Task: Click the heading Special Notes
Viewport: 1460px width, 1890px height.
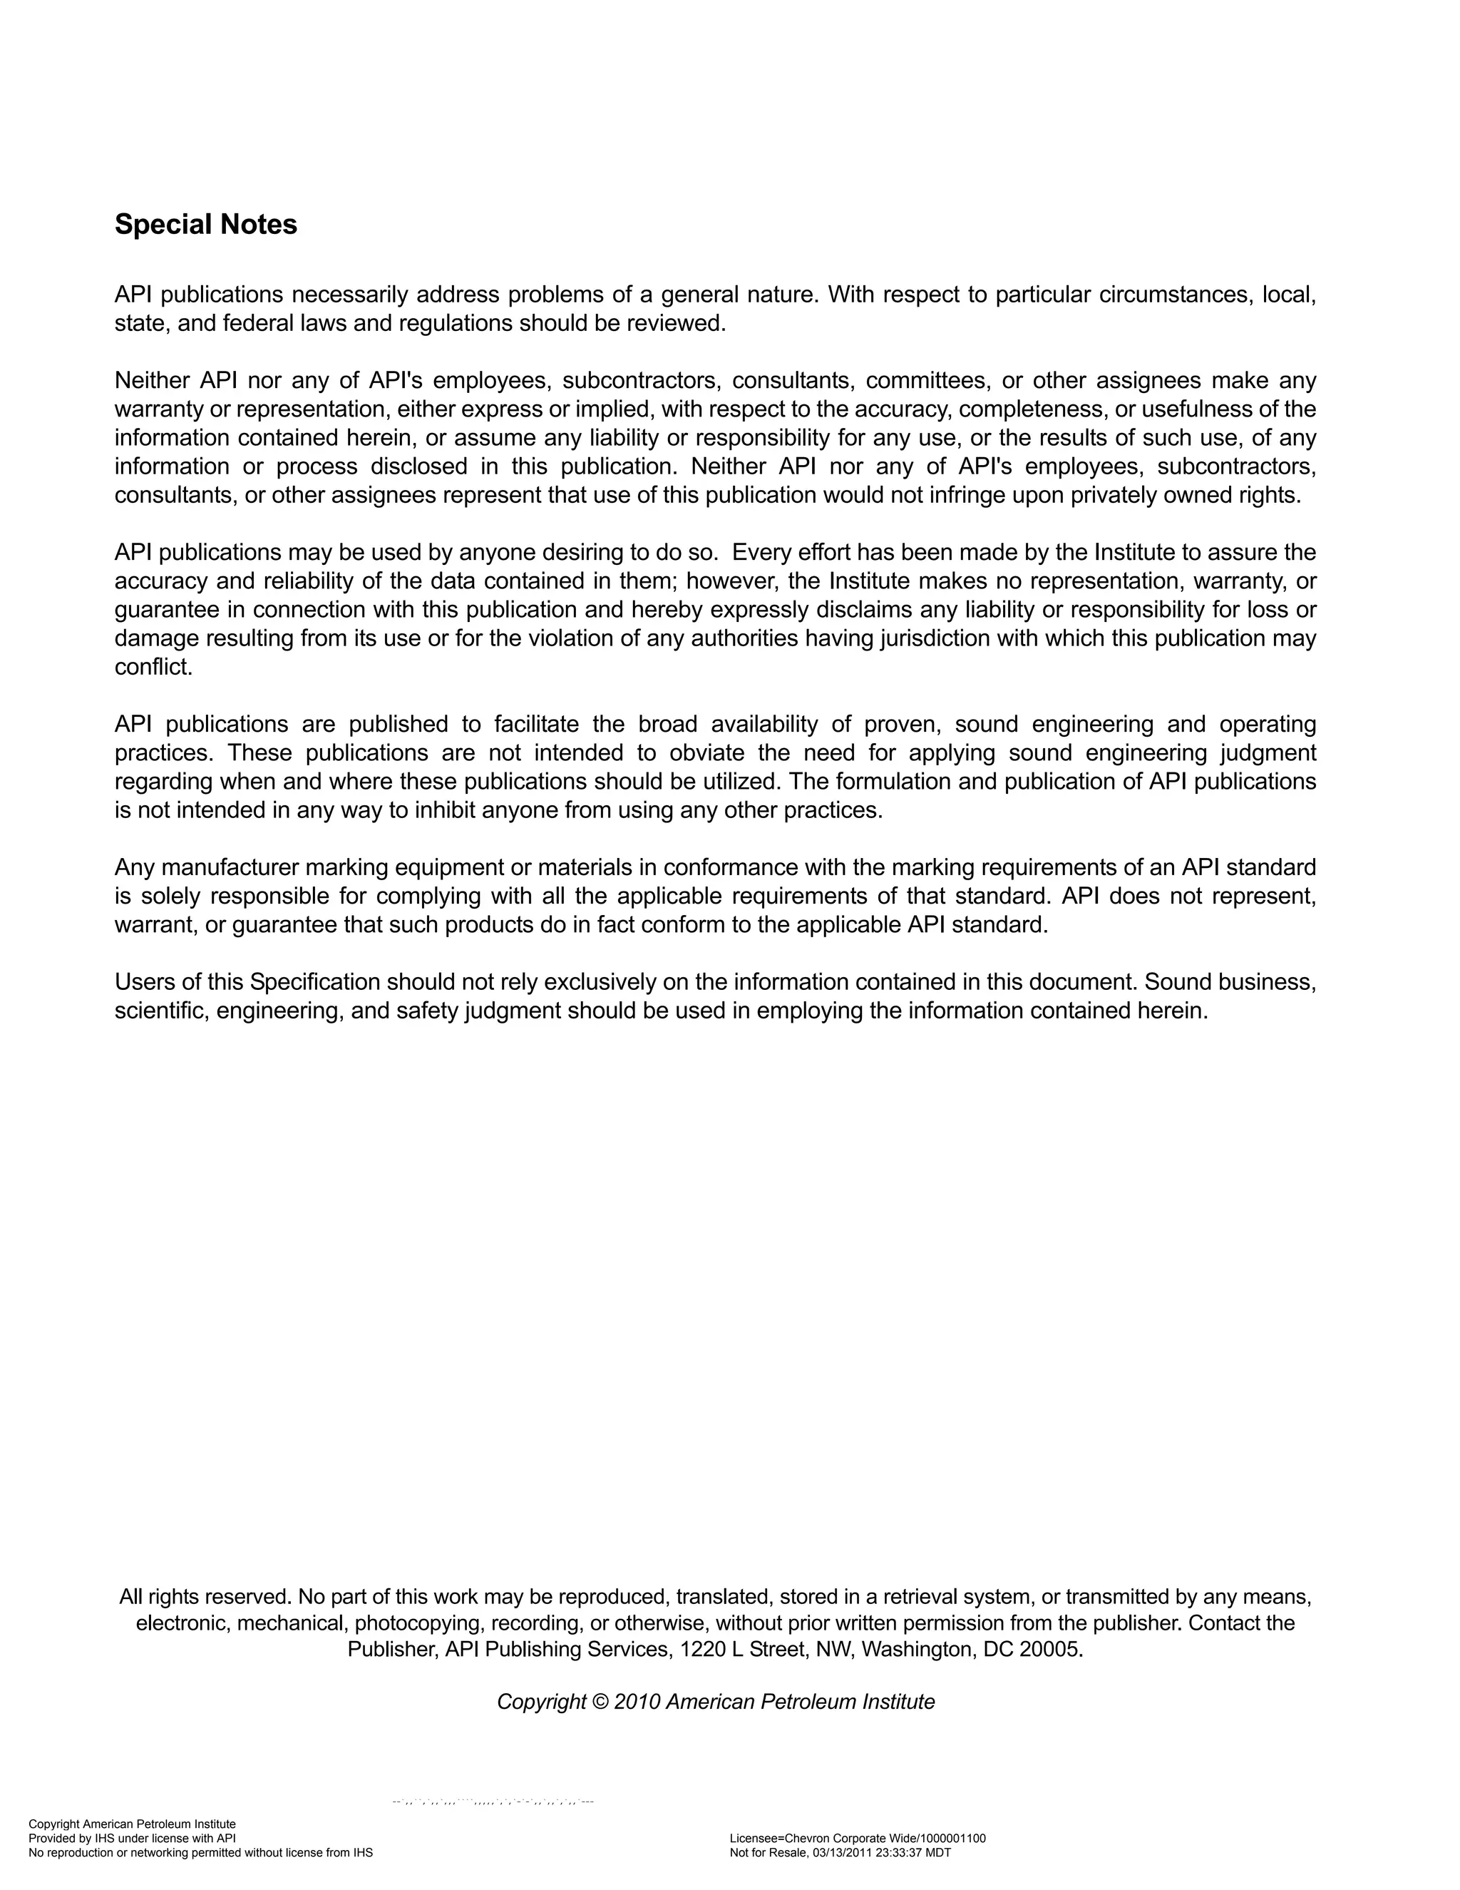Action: pos(206,225)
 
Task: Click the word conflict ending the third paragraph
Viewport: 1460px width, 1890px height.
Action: pos(153,668)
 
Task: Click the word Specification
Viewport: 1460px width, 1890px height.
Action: pos(315,982)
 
